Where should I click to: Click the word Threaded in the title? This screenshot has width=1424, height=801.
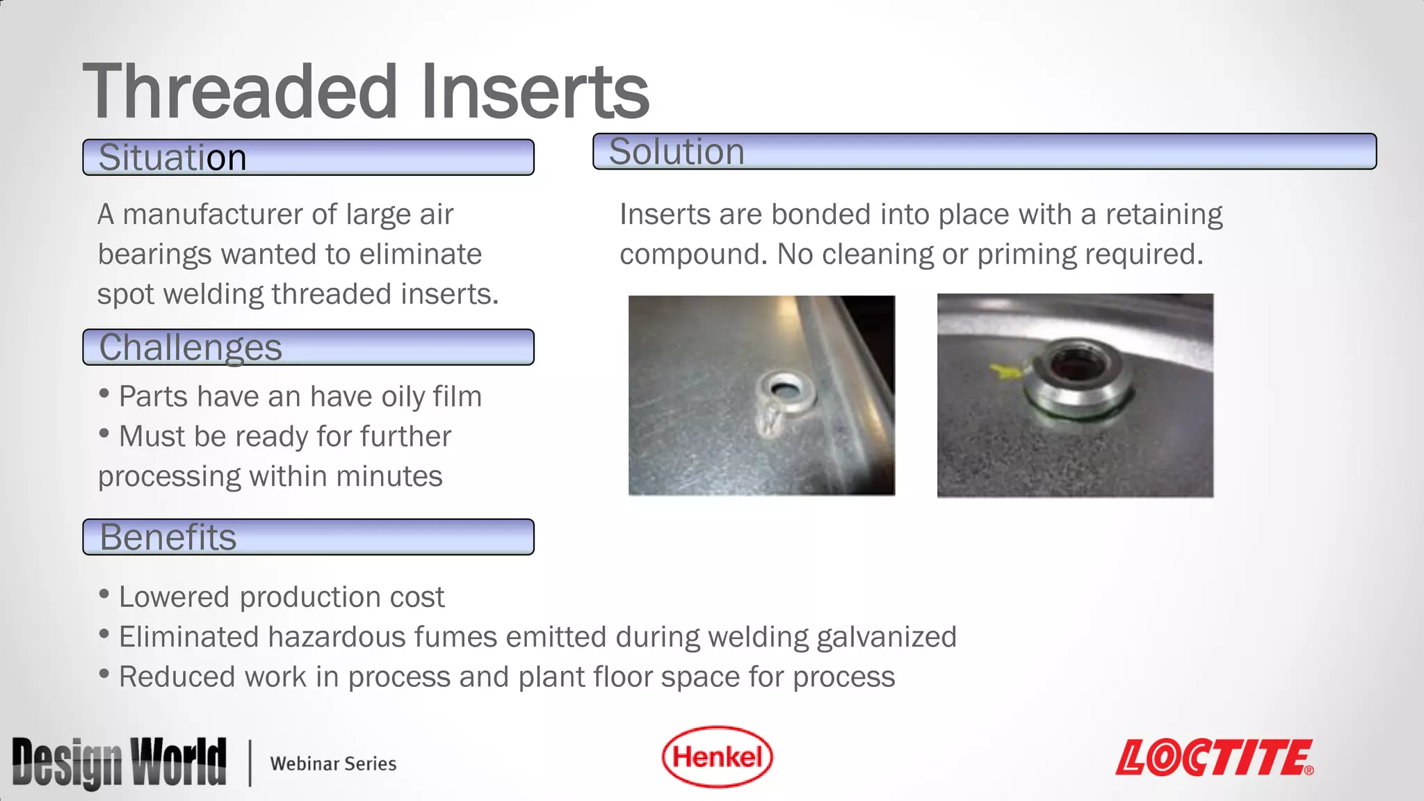click(x=241, y=91)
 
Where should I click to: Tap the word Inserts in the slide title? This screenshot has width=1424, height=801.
click(x=535, y=91)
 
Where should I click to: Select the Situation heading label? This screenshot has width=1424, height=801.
click(x=172, y=157)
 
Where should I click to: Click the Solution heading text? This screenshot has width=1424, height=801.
click(x=677, y=152)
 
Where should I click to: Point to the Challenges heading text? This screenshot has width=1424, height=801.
click(x=191, y=347)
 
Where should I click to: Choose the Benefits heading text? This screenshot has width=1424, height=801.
click(x=168, y=537)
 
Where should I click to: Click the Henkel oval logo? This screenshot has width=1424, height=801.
click(x=717, y=757)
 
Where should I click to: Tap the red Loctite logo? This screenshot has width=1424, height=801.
click(x=1214, y=758)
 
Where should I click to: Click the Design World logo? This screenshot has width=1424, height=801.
click(x=120, y=763)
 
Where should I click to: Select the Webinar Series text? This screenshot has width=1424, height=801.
click(x=333, y=763)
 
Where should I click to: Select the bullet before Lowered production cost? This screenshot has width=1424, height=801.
click(x=104, y=594)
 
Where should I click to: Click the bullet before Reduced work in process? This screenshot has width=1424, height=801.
click(x=104, y=673)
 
